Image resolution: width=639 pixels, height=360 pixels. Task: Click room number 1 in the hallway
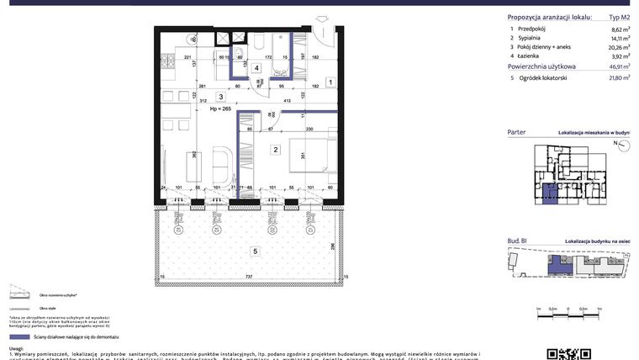(330, 82)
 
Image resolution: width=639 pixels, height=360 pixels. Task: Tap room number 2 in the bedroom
(275, 151)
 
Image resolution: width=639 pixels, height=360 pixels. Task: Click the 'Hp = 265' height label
(219, 109)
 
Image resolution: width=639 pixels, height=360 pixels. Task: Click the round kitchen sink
(194, 39)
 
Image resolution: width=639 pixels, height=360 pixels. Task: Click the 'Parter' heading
(518, 133)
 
